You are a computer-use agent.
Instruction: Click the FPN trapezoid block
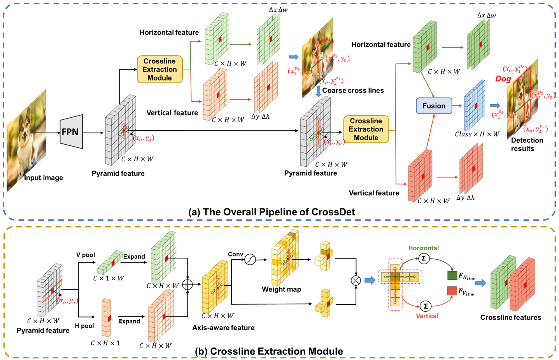click(71, 132)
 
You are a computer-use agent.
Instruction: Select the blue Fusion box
click(434, 106)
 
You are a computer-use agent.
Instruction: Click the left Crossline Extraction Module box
click(159, 69)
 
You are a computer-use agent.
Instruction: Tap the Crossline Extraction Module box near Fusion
click(366, 129)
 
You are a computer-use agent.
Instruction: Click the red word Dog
click(503, 79)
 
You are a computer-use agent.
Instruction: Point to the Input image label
click(43, 178)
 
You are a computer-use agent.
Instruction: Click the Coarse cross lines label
click(353, 91)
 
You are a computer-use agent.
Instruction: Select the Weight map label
click(281, 289)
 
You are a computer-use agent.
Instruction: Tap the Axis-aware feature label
click(223, 328)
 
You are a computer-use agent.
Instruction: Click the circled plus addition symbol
click(188, 285)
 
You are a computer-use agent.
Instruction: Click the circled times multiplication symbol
click(356, 281)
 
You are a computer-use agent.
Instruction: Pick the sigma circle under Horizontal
click(424, 258)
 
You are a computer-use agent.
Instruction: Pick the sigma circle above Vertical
click(426, 306)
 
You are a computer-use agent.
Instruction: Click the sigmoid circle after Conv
click(250, 259)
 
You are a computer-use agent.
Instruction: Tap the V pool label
click(86, 255)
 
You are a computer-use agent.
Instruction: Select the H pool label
click(84, 326)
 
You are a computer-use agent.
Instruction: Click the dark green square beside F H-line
click(452, 276)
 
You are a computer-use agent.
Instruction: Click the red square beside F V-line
click(452, 290)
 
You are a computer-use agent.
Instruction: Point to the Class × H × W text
click(477, 134)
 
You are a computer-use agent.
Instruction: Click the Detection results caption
click(527, 144)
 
